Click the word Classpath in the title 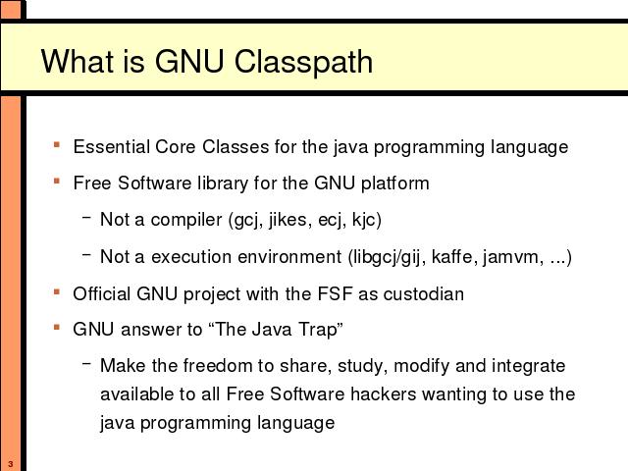click(x=303, y=62)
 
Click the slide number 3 click(x=11, y=464)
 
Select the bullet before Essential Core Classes click(x=57, y=144)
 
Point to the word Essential click(x=111, y=146)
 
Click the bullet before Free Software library click(x=57, y=181)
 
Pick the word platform click(x=394, y=183)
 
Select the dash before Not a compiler click(x=86, y=217)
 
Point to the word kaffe click(x=455, y=257)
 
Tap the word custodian click(x=424, y=293)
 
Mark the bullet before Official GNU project click(x=57, y=291)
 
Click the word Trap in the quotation click(x=321, y=330)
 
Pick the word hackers click(x=384, y=394)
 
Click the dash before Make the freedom click(x=86, y=364)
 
